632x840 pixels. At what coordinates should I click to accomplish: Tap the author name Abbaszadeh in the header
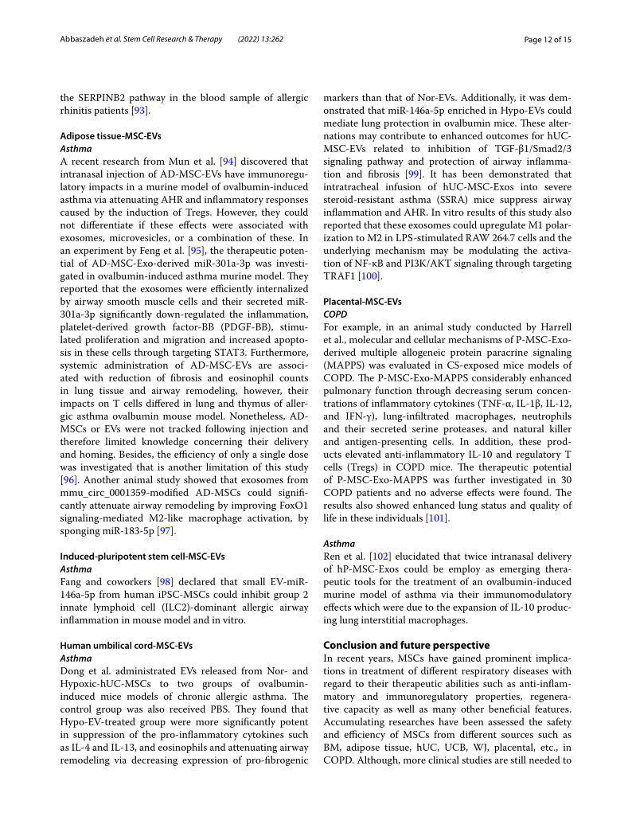pos(84,39)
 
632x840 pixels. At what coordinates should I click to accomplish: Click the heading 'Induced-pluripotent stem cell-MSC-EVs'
pos(142,556)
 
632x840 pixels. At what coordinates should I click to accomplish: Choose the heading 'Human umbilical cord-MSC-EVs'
pos(127,645)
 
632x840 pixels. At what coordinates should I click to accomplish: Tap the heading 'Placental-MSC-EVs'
pos(362,302)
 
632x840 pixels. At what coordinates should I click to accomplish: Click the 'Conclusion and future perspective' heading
pos(406,645)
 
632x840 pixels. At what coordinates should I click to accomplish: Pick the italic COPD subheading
pos(335,315)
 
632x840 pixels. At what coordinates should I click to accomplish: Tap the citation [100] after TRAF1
pos(369,276)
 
